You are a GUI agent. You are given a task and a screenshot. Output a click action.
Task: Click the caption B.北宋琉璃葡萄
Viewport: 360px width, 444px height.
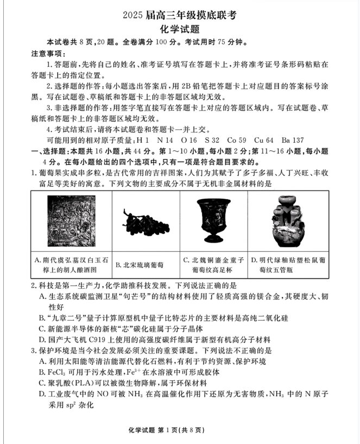click(140, 265)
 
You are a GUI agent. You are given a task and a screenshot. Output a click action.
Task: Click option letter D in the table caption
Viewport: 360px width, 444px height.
click(254, 261)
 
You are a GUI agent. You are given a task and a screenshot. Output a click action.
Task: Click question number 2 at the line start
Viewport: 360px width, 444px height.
click(33, 285)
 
